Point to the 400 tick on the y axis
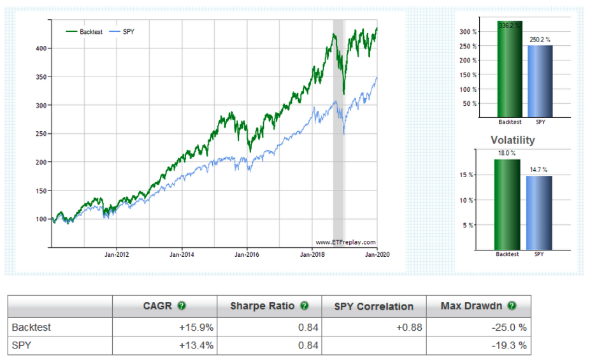[42, 48]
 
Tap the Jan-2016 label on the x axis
[246, 255]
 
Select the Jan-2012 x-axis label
[116, 255]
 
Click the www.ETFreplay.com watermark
[345, 242]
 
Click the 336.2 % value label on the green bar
[510, 26]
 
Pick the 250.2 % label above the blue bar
[540, 40]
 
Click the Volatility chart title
[512, 140]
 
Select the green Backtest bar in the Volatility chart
[507, 204]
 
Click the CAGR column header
[157, 306]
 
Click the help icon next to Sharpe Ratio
[304, 306]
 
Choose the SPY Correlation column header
[374, 306]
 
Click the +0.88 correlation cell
[408, 328]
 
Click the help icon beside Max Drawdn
[512, 306]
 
